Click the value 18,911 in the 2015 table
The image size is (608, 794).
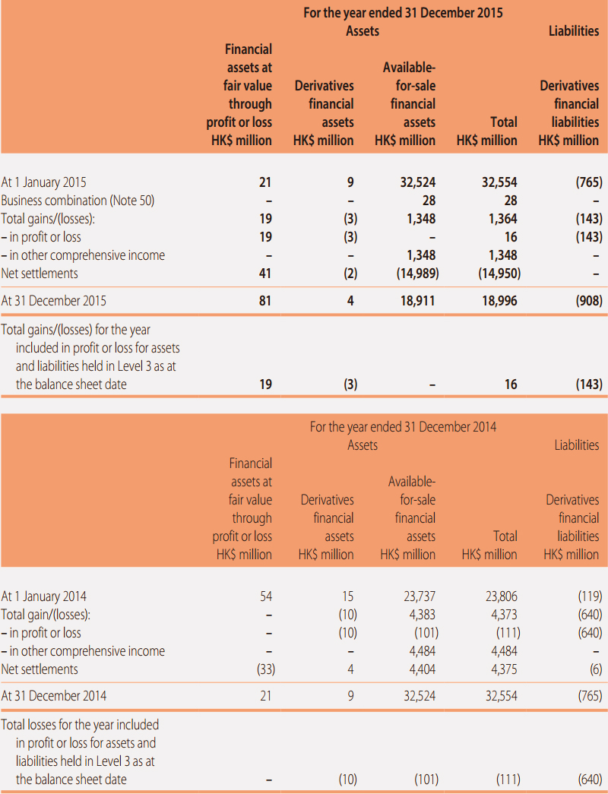tap(417, 301)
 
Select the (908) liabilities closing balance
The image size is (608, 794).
tap(589, 301)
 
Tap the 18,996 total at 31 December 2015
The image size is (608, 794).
tap(499, 301)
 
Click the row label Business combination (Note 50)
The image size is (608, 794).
tap(78, 201)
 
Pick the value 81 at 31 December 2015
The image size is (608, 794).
tap(265, 301)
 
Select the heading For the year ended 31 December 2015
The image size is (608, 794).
tap(403, 13)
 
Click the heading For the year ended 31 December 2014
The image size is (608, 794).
tap(403, 427)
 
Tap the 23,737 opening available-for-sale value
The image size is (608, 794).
tap(420, 596)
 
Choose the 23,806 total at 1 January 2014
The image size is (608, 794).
tap(501, 596)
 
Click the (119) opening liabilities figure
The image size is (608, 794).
tap(590, 596)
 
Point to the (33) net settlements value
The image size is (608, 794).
tap(266, 669)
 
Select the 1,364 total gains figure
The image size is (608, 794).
tap(502, 219)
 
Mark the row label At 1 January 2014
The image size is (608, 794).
tap(43, 596)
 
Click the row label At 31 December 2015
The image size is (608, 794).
tap(54, 301)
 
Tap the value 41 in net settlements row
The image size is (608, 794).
tap(265, 274)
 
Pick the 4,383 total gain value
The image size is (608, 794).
tap(422, 615)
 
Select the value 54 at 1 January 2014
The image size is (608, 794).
tap(266, 596)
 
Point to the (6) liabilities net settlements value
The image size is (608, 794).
tap(596, 669)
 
